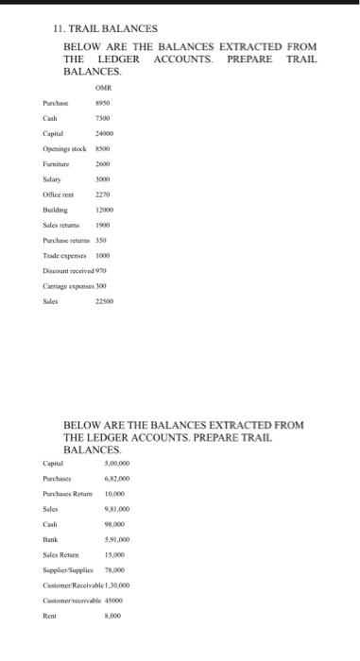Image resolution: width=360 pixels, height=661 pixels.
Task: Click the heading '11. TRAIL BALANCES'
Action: (105, 30)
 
